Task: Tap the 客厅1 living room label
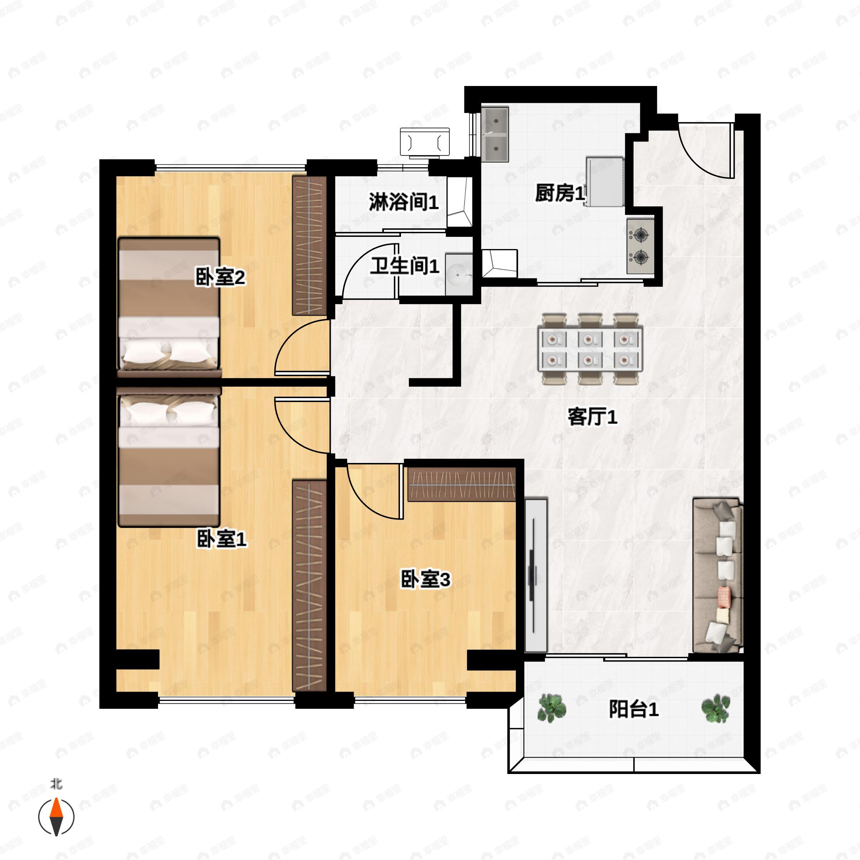(x=592, y=417)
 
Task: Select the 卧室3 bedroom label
(x=425, y=579)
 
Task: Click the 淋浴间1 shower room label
(x=403, y=202)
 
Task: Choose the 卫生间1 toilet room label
(x=404, y=266)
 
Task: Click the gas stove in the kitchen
(x=640, y=246)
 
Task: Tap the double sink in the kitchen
(x=494, y=134)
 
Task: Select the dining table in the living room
(x=590, y=349)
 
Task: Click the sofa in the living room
(x=717, y=575)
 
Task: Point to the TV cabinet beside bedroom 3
(x=535, y=575)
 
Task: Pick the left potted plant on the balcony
(x=551, y=708)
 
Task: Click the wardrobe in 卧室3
(x=462, y=484)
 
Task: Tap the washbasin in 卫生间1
(x=459, y=274)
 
